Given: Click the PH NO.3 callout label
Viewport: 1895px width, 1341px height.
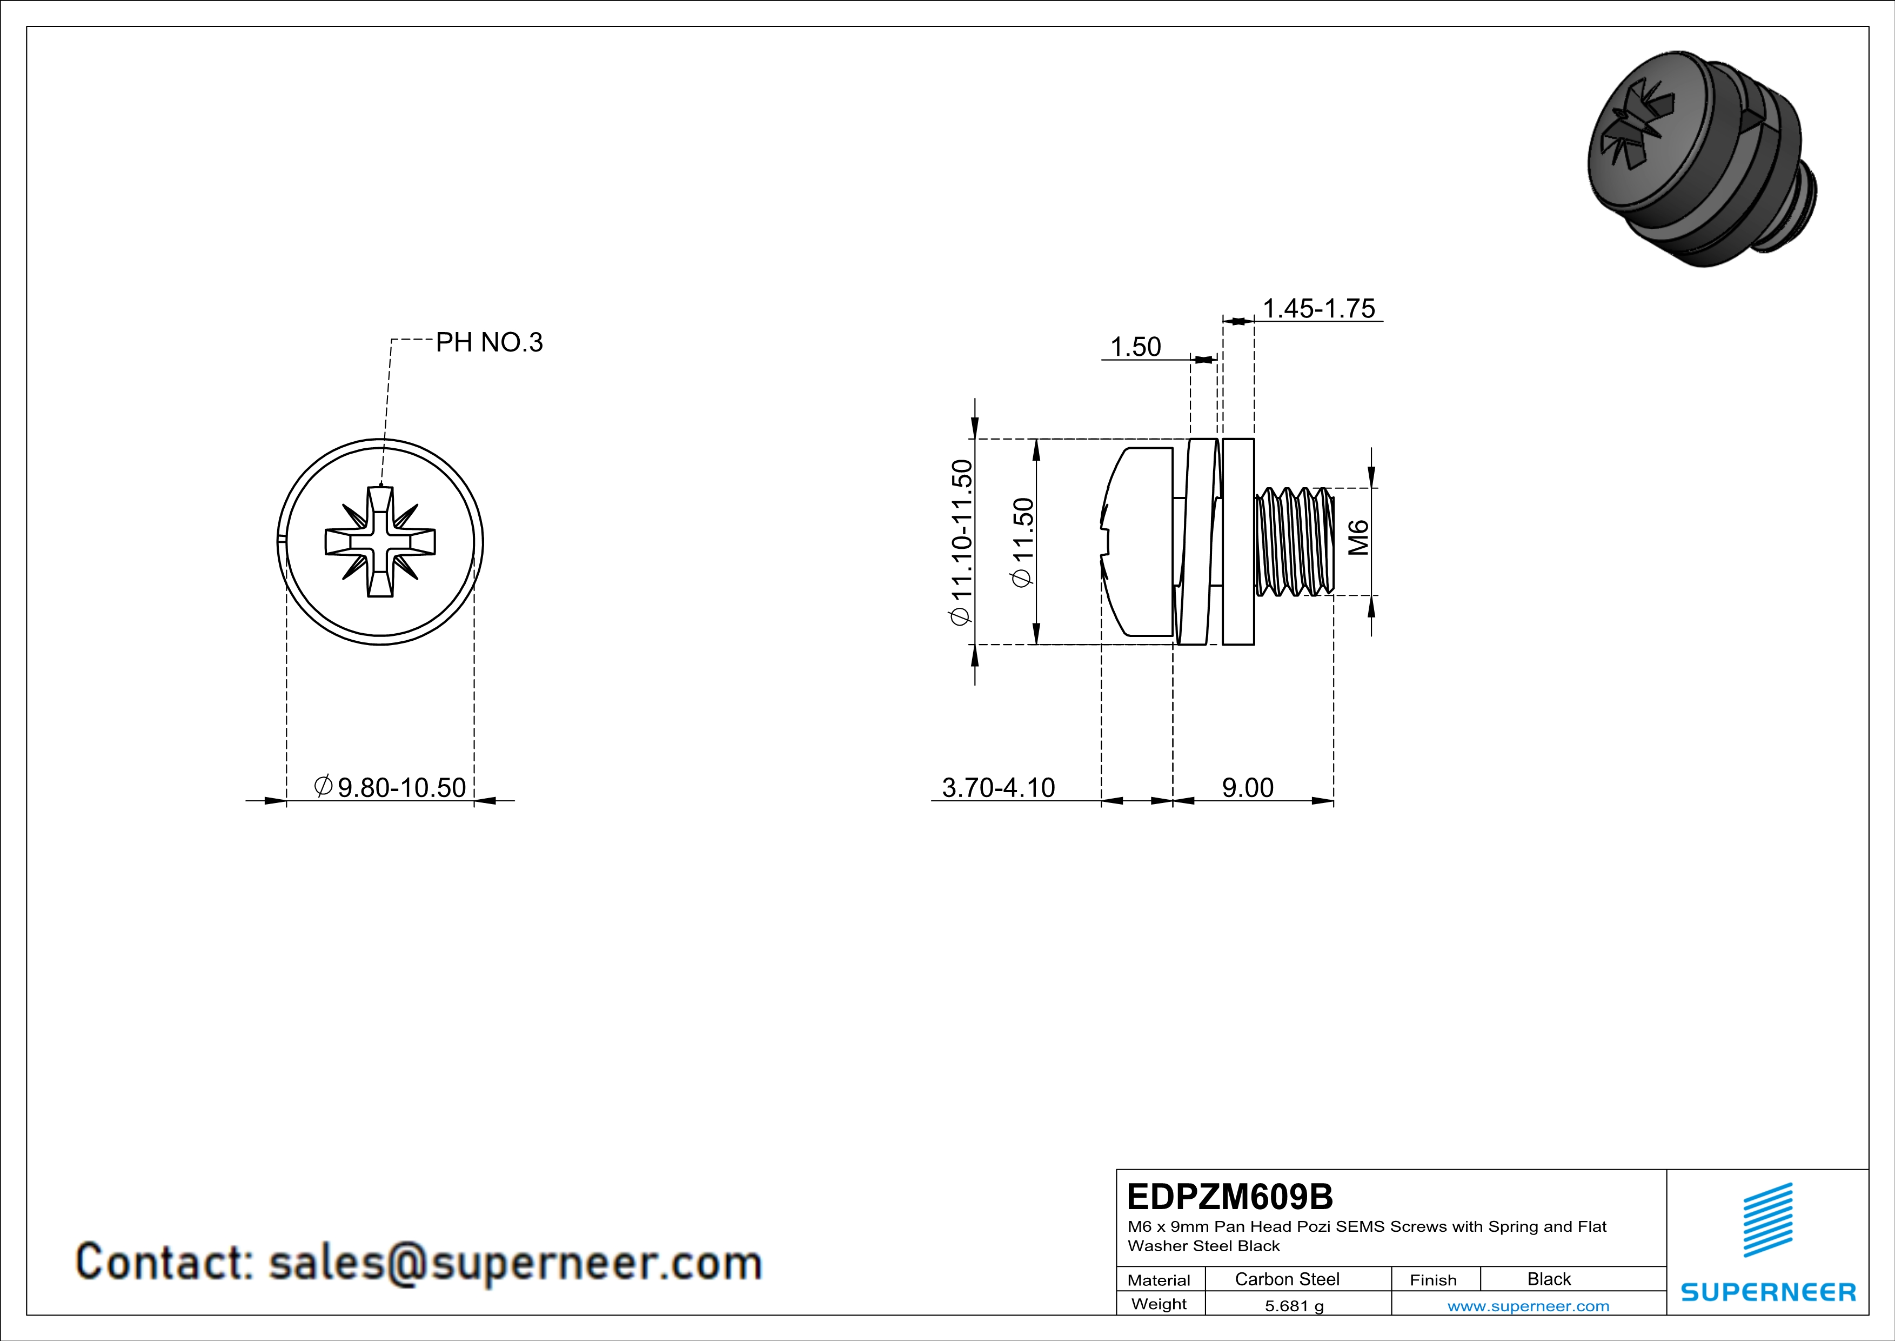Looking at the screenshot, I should [x=488, y=343].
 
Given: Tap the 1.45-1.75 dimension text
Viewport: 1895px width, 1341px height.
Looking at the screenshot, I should [x=1319, y=309].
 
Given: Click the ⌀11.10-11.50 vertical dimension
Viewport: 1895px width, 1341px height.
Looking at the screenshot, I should [x=961, y=542].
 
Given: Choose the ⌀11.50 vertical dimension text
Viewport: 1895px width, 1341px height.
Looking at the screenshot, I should [x=1022, y=542].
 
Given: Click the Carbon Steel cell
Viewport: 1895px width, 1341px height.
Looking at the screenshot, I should [x=1287, y=1279].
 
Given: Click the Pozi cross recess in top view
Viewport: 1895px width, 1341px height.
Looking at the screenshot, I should [x=380, y=542].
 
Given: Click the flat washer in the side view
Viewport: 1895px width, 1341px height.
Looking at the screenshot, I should [x=1237, y=542].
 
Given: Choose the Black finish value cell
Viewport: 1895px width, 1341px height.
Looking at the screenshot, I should [x=1548, y=1279].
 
